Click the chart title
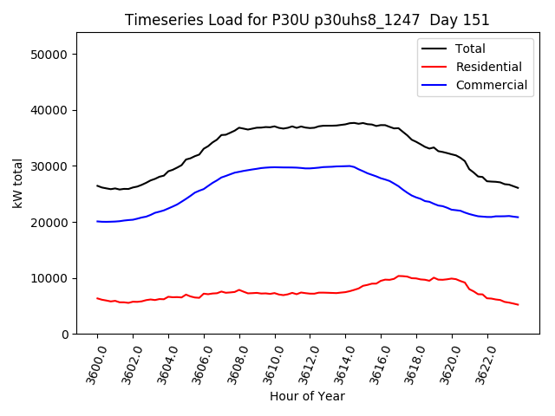tap(307, 20)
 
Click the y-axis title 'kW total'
tap(17, 183)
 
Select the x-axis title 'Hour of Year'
tap(307, 396)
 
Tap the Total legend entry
tap(470, 49)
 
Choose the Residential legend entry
tap(488, 67)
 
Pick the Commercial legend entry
tap(491, 85)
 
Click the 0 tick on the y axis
tap(65, 335)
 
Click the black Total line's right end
tap(519, 188)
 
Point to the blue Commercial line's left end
tap(97, 221)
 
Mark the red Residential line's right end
tap(519, 305)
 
